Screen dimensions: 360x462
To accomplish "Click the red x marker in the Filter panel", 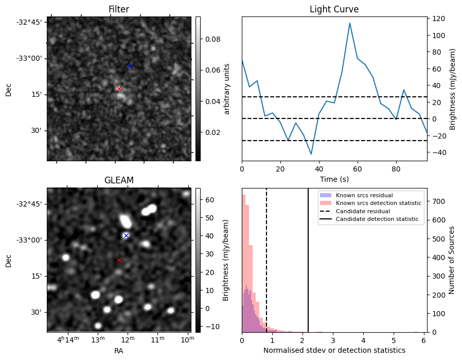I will [119, 89].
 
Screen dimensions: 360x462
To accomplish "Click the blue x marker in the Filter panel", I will [130, 66].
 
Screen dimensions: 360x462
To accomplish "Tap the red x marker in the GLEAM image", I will [119, 260].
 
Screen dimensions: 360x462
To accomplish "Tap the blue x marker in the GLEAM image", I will [126, 235].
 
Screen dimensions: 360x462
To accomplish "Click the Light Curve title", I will [334, 9].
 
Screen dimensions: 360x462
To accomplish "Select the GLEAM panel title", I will [119, 180].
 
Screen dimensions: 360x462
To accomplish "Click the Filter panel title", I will [119, 9].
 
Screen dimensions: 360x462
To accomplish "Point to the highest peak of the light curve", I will [350, 23].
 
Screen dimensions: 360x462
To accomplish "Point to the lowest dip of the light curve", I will [311, 154].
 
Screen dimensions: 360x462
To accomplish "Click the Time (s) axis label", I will [334, 178].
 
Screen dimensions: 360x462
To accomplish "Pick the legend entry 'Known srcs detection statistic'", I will [378, 203].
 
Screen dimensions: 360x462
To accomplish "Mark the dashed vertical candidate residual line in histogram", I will [266, 258].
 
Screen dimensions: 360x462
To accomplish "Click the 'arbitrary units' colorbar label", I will [227, 89].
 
